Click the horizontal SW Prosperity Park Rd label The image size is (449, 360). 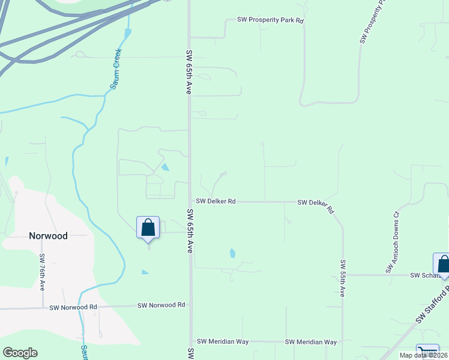271,20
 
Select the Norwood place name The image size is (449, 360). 48,236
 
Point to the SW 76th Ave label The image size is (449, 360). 43,272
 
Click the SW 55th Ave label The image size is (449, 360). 342,278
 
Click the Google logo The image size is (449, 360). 20,353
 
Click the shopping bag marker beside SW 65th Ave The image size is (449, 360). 148,228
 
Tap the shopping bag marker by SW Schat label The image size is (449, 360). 443,264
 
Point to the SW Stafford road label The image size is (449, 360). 432,305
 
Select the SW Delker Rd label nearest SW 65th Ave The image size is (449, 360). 214,202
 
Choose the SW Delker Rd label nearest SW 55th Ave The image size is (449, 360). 316,205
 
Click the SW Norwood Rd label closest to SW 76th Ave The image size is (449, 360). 74,307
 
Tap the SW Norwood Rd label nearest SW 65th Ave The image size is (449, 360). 161,305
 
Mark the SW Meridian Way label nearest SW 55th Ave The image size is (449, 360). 310,342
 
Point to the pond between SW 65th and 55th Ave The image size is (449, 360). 232,253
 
